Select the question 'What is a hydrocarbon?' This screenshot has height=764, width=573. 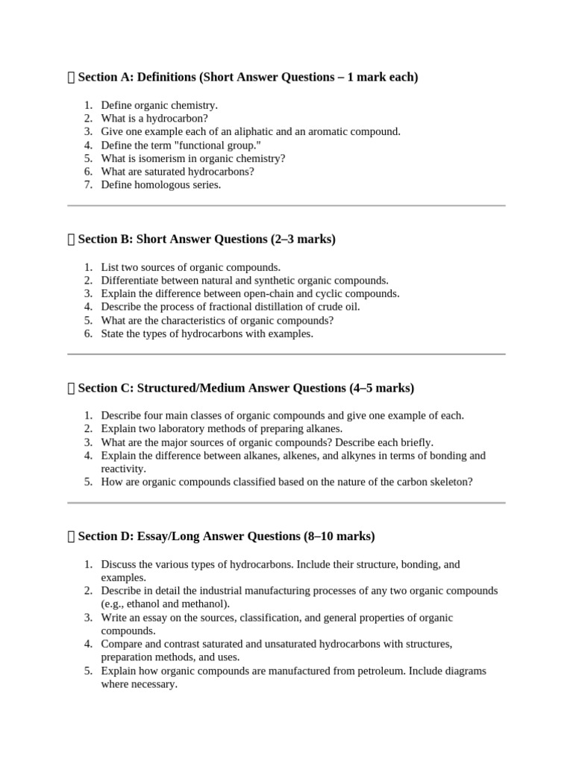[154, 118]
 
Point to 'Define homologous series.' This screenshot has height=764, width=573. [161, 185]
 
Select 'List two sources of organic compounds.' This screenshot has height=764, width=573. [191, 267]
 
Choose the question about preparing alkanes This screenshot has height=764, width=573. [222, 429]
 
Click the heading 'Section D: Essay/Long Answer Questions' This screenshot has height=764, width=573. [190, 536]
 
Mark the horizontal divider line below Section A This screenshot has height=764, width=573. [286, 205]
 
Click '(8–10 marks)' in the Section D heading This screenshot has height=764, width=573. [339, 536]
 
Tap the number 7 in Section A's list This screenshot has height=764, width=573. [87, 185]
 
